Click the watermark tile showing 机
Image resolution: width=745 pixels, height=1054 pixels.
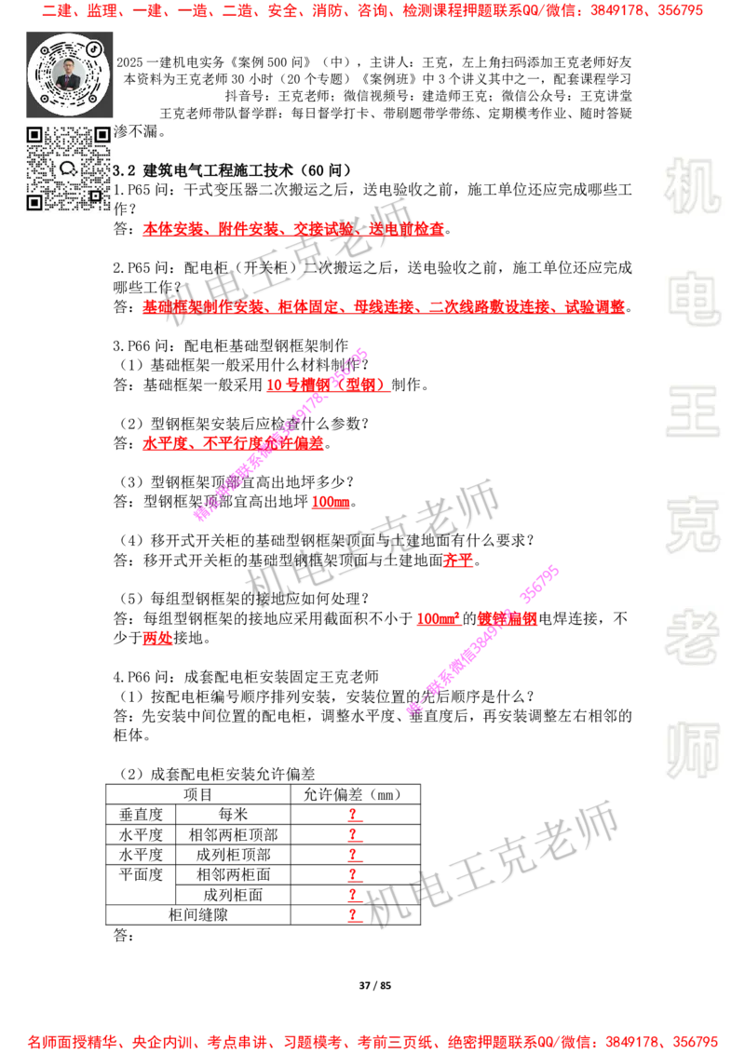[x=692, y=185]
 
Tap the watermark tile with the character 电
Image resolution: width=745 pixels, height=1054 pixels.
[x=696, y=298]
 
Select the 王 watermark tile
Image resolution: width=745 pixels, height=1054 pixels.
[x=692, y=412]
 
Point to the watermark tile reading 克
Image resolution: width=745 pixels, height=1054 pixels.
[x=692, y=525]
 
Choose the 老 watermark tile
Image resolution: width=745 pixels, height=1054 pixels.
[x=692, y=637]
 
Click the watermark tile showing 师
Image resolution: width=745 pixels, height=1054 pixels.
[x=692, y=751]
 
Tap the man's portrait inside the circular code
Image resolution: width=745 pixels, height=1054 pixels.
[x=69, y=74]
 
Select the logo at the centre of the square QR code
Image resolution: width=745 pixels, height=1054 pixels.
[x=68, y=169]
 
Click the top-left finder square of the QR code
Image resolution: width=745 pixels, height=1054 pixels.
[x=34, y=135]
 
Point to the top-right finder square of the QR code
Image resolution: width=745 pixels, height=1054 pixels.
[x=102, y=135]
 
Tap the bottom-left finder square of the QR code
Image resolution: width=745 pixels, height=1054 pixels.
[x=34, y=202]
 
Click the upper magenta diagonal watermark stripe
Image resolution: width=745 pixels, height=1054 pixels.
[x=281, y=434]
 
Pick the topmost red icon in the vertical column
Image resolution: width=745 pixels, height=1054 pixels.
[x=353, y=814]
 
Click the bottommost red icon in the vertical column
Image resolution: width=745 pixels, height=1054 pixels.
[x=353, y=916]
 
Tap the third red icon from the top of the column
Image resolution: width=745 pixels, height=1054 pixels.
[x=353, y=855]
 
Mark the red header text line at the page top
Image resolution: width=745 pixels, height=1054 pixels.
[x=372, y=12]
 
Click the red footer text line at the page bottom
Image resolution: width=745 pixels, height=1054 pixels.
[x=372, y=1042]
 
